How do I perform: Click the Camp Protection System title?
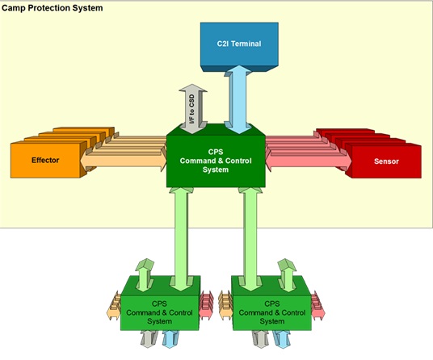(x=53, y=8)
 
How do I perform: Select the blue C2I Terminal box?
(x=239, y=46)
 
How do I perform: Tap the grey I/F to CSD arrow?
(x=193, y=109)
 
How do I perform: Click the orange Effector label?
(x=45, y=161)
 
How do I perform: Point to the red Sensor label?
(x=386, y=161)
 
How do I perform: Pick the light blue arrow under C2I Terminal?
(x=238, y=99)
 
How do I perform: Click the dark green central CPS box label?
(x=216, y=161)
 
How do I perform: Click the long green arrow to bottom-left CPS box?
(x=181, y=239)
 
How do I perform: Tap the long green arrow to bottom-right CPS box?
(x=250, y=239)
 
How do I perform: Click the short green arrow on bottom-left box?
(x=145, y=274)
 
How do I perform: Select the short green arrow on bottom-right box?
(x=287, y=274)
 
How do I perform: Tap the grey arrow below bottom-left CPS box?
(x=149, y=339)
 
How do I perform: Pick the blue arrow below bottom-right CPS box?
(x=282, y=339)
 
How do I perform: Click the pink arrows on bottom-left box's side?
(x=207, y=306)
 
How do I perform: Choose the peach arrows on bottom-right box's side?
(x=225, y=306)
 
